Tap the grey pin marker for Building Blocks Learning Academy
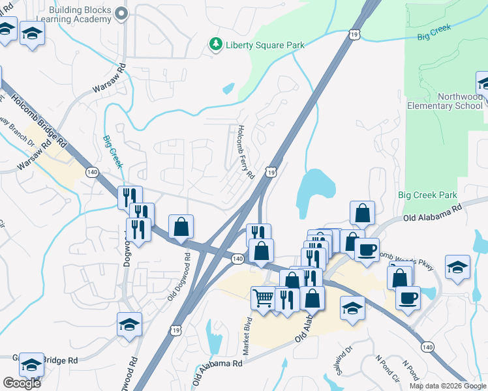coord(121,14)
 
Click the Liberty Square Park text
coord(256,44)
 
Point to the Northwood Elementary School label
coord(445,101)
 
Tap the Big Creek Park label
coord(427,195)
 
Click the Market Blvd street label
coord(248,336)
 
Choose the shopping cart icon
coord(263,298)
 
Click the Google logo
coord(22,383)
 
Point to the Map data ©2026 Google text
coord(448,386)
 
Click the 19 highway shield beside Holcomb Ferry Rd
coord(270,171)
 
